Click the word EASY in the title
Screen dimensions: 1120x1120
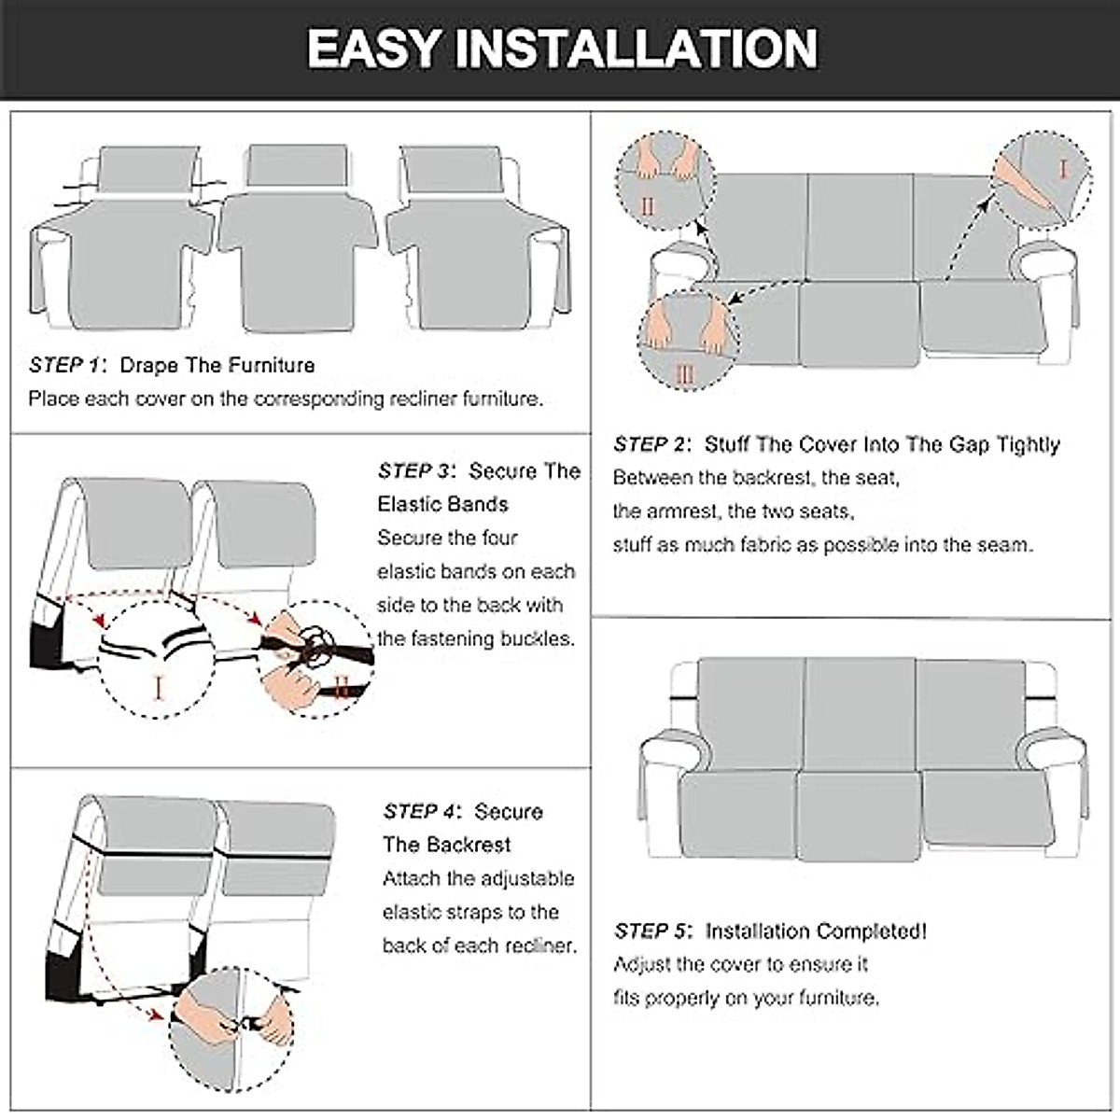coord(367,49)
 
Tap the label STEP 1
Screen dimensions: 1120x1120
coord(67,365)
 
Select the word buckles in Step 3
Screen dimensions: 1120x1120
coord(535,638)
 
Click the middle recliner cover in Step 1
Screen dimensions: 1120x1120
coord(297,243)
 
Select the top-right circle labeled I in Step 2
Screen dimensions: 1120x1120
coord(1042,180)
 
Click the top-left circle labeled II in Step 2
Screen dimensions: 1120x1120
coord(665,181)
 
